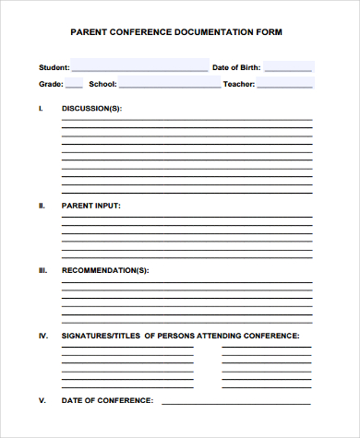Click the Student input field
click(x=139, y=66)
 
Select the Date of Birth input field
click(x=289, y=66)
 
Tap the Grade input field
click(x=75, y=83)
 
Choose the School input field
click(x=169, y=83)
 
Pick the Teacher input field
click(x=285, y=83)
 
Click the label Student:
click(x=54, y=67)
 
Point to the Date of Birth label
click(x=236, y=67)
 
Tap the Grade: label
click(x=51, y=84)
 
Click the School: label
click(x=102, y=84)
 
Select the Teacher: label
click(x=239, y=84)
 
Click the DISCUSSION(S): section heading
click(x=91, y=109)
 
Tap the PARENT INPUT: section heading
click(x=90, y=206)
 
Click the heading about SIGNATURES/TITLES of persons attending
click(x=180, y=336)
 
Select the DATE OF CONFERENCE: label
click(x=107, y=401)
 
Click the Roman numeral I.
click(x=41, y=109)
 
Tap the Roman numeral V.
click(x=42, y=401)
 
